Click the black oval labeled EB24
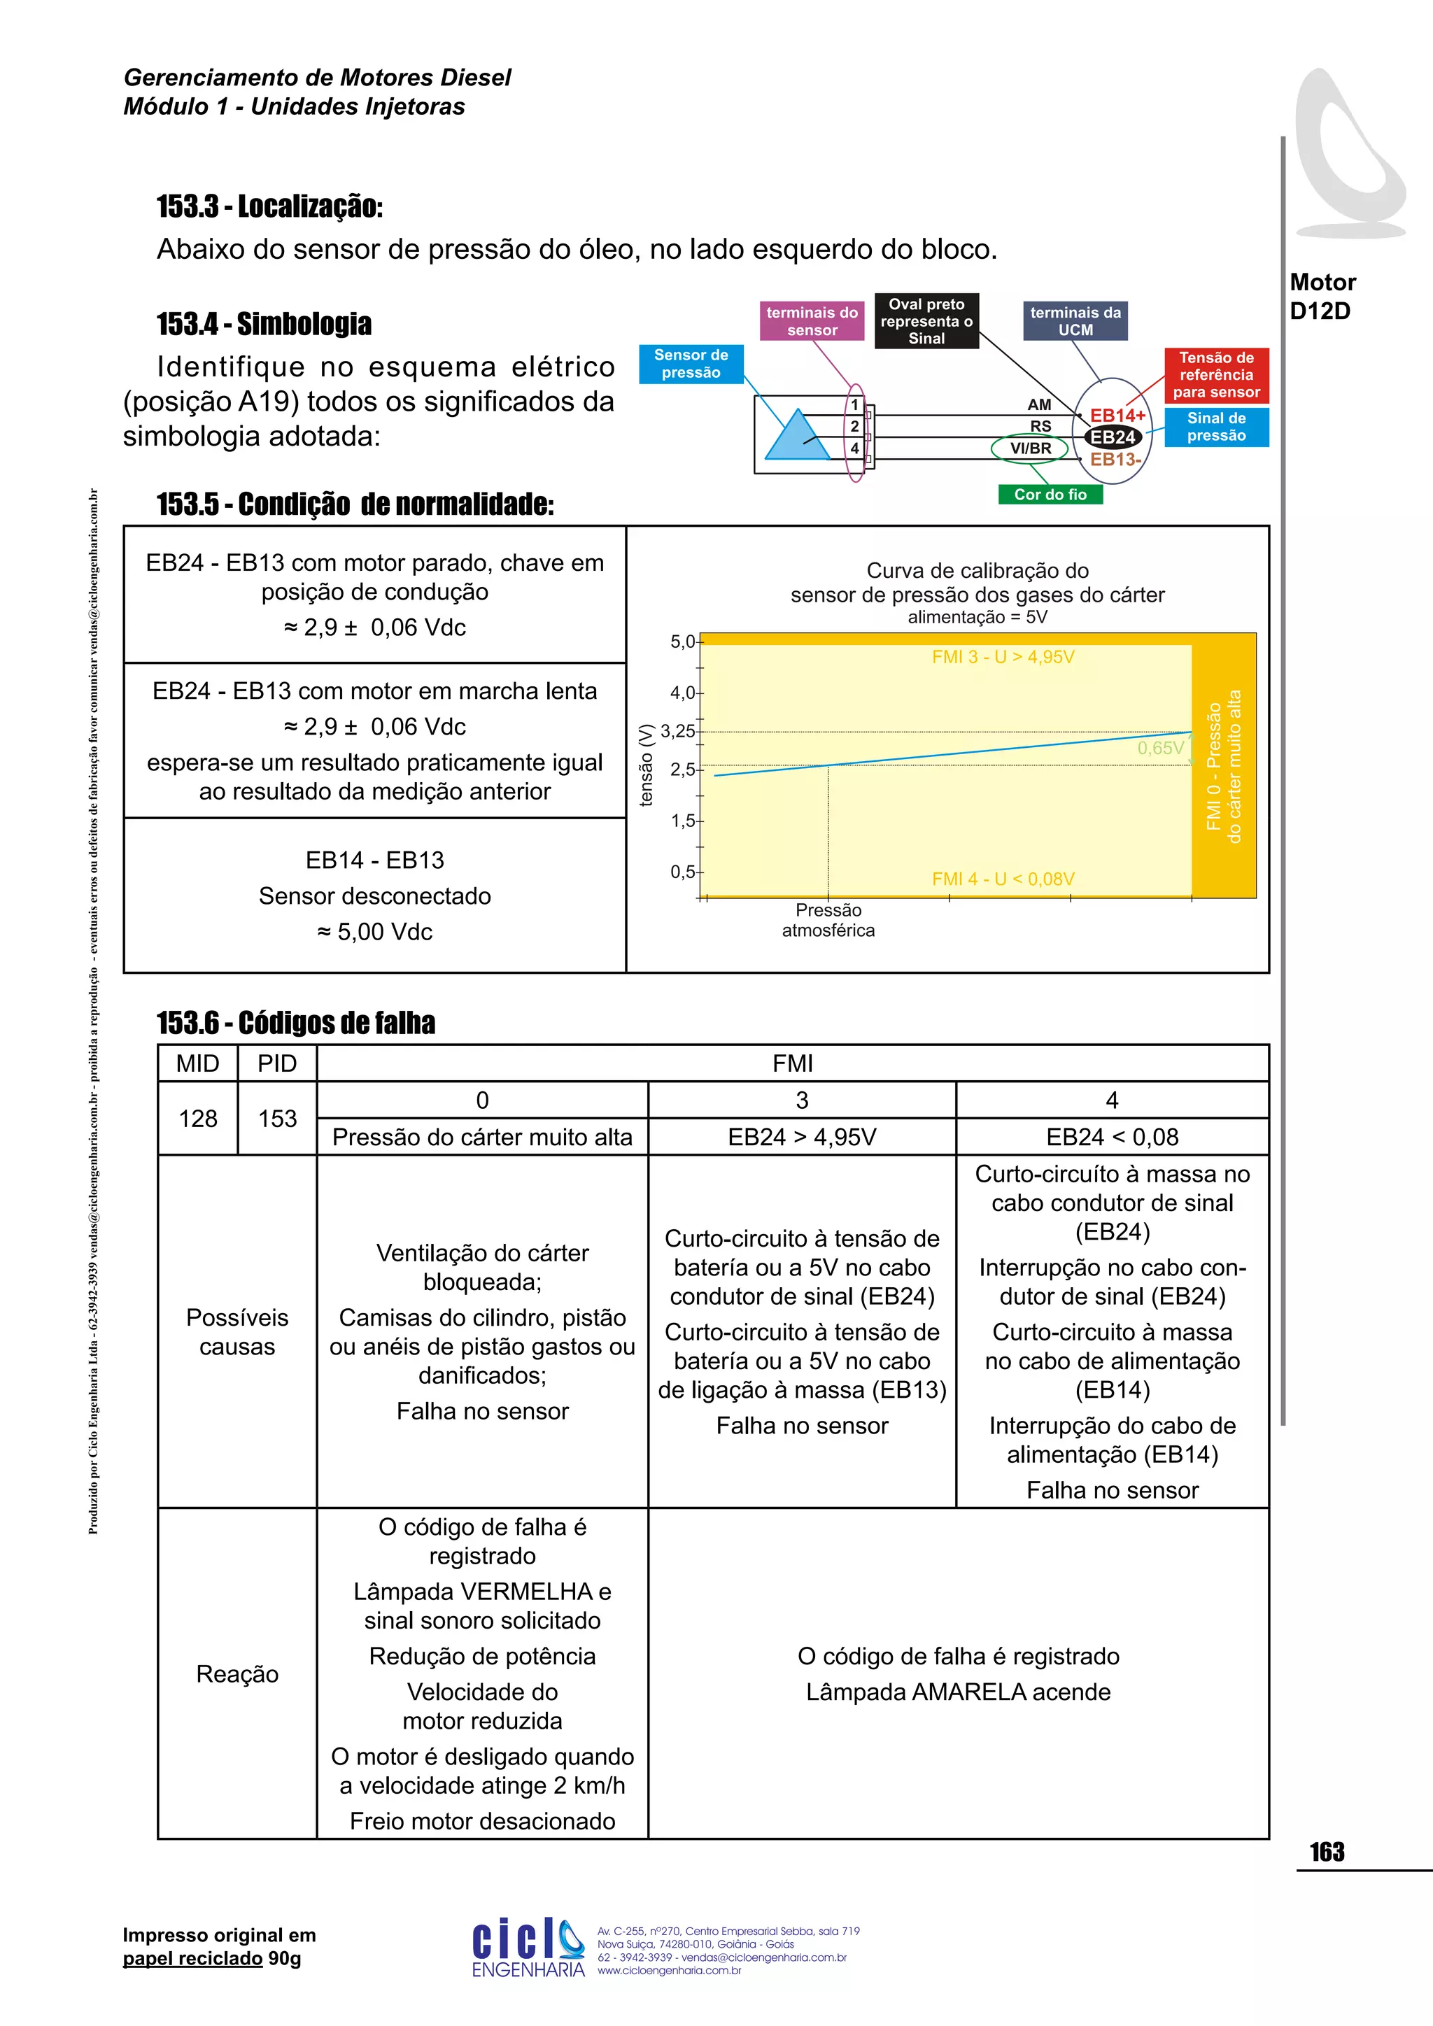click(1113, 437)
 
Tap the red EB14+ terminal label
click(1117, 415)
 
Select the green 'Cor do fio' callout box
click(1050, 494)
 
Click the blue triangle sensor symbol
click(796, 436)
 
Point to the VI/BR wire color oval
click(1030, 448)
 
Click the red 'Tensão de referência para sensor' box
click(1216, 374)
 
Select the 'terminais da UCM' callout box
click(1075, 321)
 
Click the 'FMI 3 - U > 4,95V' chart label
click(1003, 656)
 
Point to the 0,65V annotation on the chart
click(1159, 749)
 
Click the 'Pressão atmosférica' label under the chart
click(828, 919)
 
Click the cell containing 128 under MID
click(197, 1118)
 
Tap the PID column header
click(277, 1063)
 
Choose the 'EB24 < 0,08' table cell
click(1112, 1137)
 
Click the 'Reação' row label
click(237, 1674)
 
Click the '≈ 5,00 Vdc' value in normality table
click(374, 932)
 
